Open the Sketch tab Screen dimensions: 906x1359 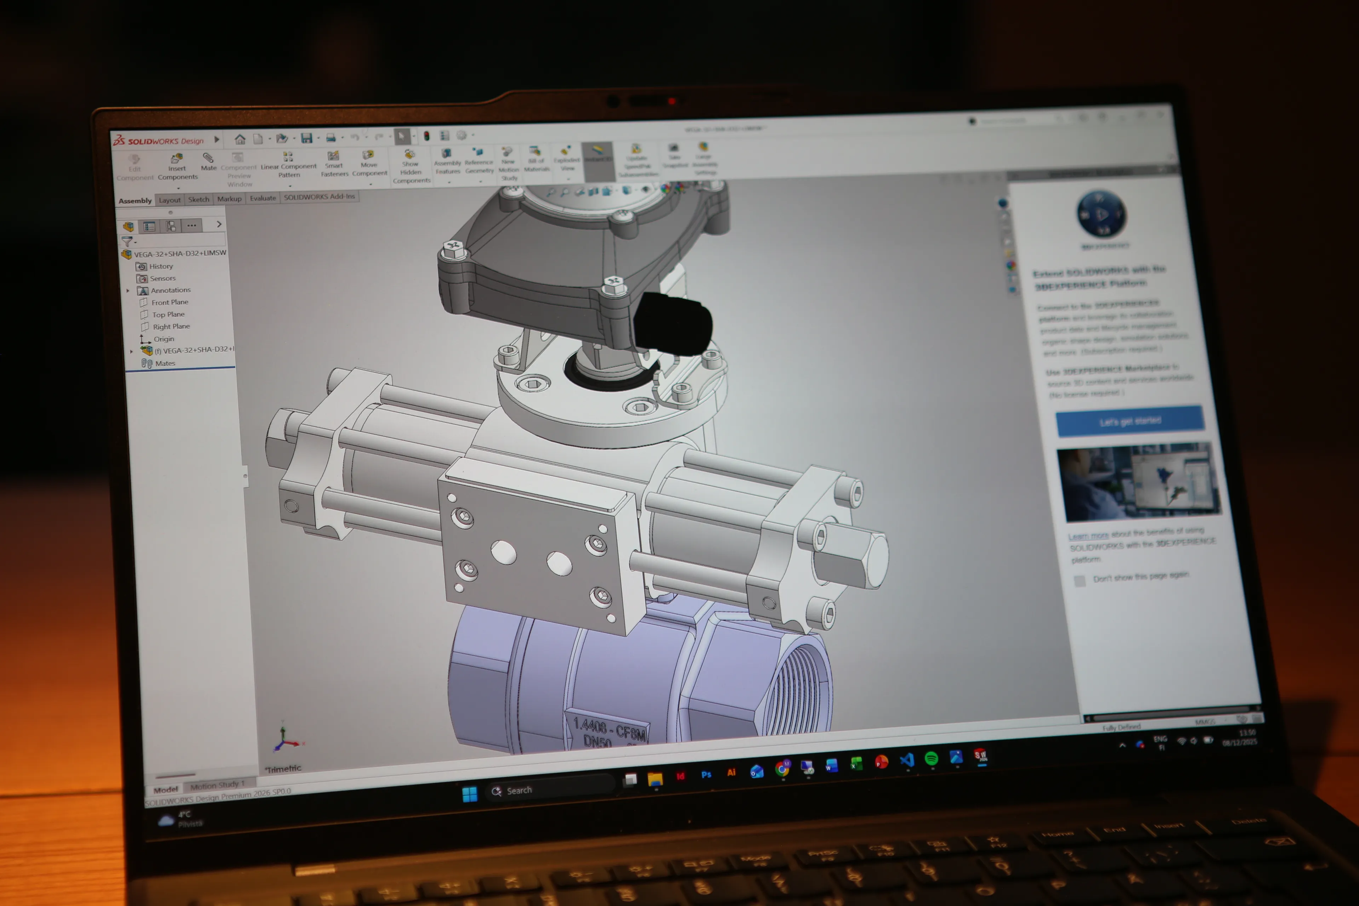[199, 199]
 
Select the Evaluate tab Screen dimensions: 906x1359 [263, 198]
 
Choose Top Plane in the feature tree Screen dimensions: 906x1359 [168, 314]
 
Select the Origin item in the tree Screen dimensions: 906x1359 [164, 339]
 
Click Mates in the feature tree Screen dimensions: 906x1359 [165, 363]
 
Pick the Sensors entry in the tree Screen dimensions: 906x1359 [162, 279]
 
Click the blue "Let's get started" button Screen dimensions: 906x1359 [1130, 421]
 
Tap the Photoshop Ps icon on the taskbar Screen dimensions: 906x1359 [706, 775]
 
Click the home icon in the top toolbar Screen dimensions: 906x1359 [240, 139]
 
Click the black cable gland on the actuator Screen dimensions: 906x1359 [673, 323]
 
